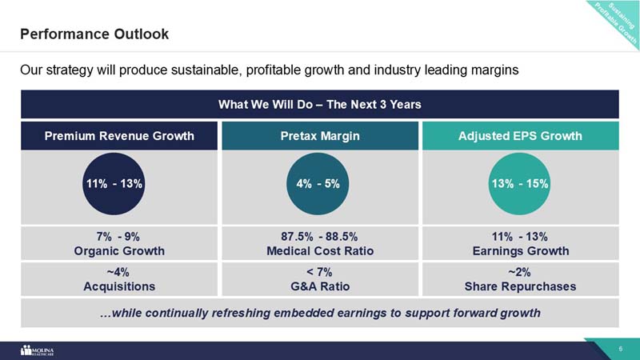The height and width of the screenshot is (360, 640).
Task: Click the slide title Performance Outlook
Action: [94, 34]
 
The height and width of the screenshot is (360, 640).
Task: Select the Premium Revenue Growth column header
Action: [119, 136]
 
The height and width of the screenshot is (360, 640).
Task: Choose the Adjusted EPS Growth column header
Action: [520, 136]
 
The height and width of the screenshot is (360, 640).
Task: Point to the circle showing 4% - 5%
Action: [318, 183]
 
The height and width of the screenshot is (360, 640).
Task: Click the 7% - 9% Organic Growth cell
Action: [119, 243]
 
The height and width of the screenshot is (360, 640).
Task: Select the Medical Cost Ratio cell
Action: [319, 243]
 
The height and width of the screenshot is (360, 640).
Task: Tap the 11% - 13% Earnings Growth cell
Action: [520, 243]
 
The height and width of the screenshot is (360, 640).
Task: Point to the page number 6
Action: [621, 350]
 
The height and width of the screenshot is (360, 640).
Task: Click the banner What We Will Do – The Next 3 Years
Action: [319, 105]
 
